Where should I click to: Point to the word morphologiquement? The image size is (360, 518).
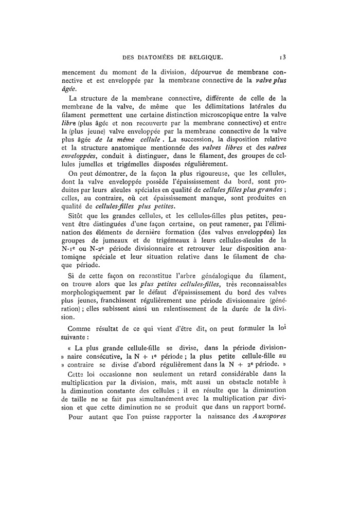(92, 297)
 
